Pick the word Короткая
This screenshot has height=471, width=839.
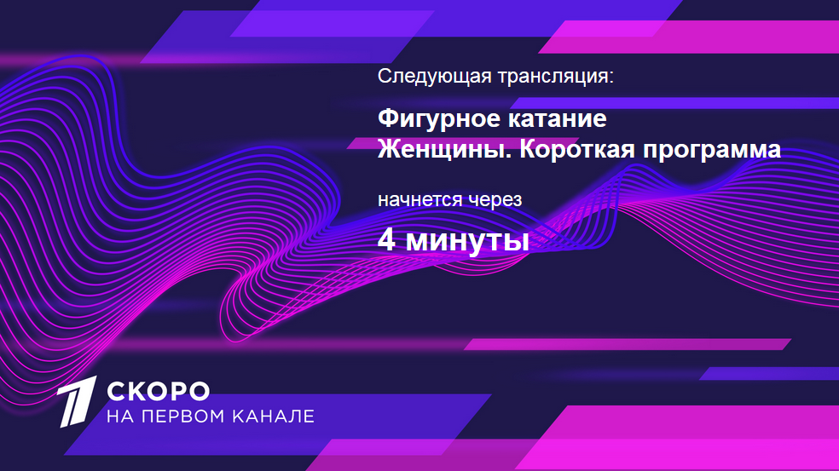[577, 150]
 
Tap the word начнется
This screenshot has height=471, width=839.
[420, 200]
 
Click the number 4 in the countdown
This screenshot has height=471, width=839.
[386, 240]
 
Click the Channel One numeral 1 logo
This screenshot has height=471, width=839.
[77, 401]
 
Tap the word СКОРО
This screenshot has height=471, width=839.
[158, 391]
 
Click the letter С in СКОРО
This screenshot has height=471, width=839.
[116, 391]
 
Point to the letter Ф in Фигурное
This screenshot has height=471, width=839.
[387, 118]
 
